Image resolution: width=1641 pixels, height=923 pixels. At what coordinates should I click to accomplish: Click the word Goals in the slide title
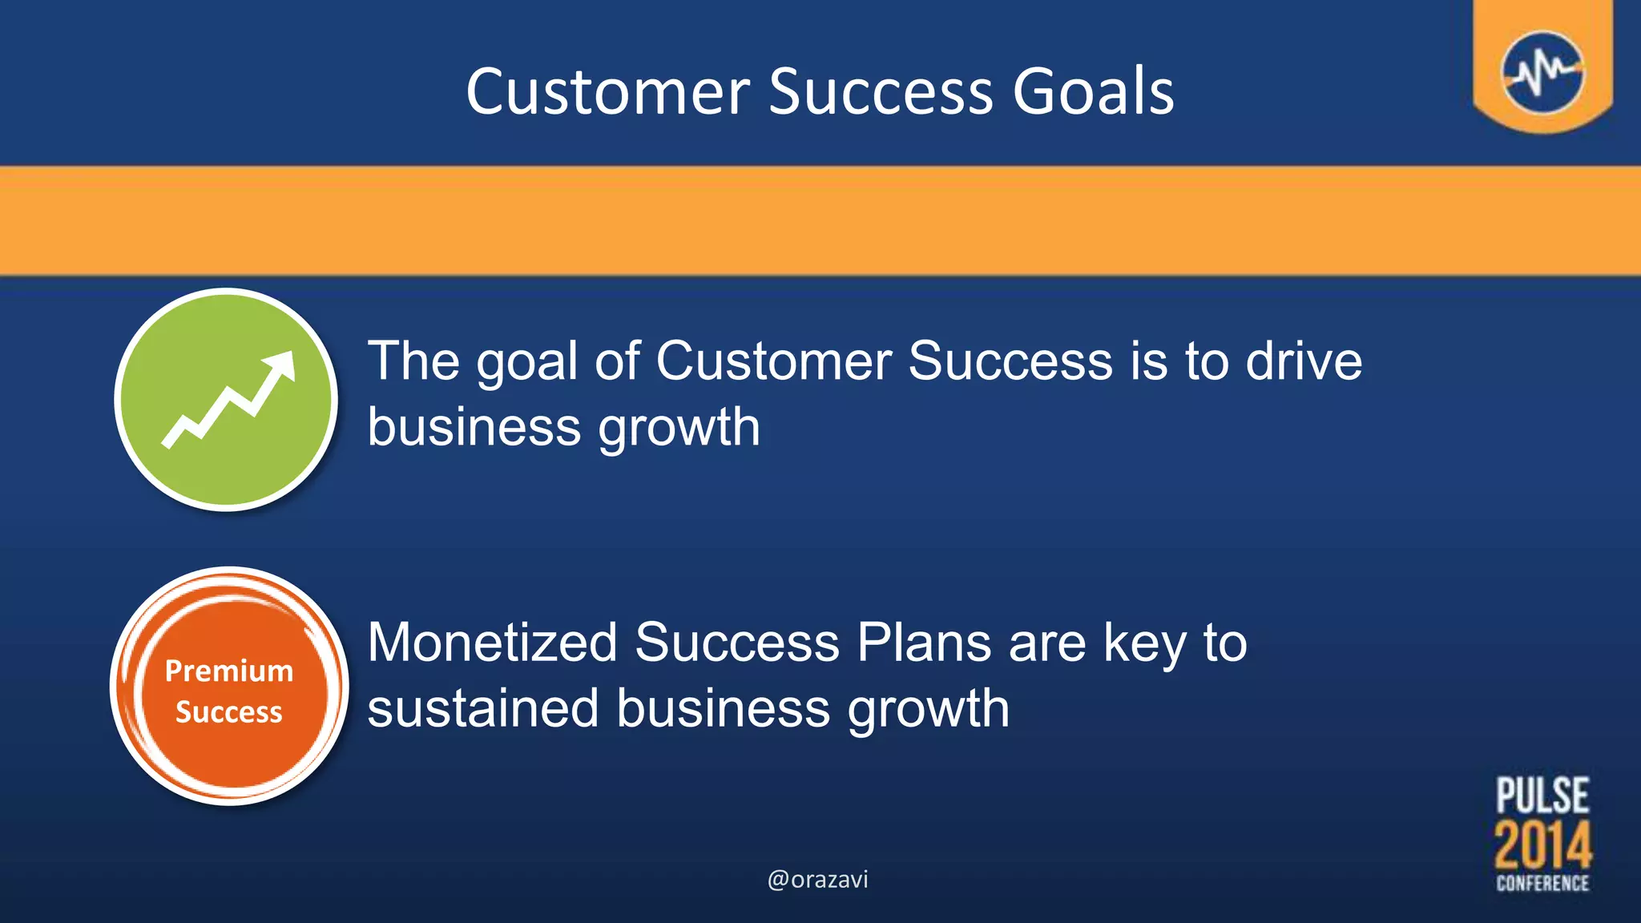click(1093, 91)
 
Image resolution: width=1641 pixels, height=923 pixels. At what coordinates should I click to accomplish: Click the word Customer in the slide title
click(607, 91)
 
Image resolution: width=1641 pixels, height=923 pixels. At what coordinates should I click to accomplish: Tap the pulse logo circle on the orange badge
click(1542, 72)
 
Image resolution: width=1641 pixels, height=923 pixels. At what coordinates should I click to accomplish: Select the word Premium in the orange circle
click(229, 671)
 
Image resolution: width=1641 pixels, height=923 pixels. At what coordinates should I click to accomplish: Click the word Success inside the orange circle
click(229, 712)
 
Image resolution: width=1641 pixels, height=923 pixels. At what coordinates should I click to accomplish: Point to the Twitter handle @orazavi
click(817, 880)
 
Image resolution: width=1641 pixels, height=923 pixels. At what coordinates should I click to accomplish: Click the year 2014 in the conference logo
click(1542, 845)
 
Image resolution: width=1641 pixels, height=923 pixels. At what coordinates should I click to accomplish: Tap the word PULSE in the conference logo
click(1542, 796)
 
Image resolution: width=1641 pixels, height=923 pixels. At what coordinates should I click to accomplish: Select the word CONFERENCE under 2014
click(1542, 883)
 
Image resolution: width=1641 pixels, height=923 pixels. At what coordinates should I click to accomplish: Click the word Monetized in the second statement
click(492, 643)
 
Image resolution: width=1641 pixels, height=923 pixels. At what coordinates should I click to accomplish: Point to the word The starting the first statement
click(413, 361)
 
